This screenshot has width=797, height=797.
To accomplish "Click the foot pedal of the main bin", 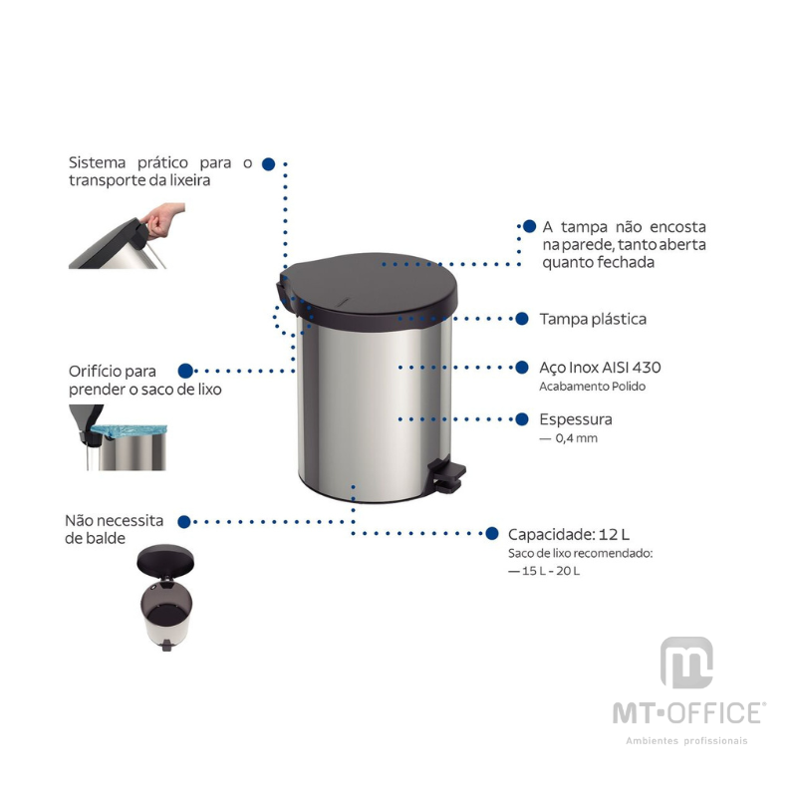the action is coord(447,475).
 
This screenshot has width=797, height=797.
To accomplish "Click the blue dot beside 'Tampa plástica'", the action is coord(521,319).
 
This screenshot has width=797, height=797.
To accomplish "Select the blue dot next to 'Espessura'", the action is coord(521,419).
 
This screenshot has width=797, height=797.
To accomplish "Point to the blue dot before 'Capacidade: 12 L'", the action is coord(491,533).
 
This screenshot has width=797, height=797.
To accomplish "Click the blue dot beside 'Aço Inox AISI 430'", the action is coord(521,367).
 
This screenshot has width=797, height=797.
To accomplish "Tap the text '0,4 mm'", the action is coord(577,438).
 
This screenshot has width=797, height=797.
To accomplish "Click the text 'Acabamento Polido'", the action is coord(592,387).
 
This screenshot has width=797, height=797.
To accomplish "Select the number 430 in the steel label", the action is coord(646,367).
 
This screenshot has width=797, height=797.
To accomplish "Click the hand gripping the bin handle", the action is coord(161,220).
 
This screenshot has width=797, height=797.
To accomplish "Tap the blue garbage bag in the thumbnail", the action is coord(130,431).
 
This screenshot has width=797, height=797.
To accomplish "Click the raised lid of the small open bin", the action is coord(165,560).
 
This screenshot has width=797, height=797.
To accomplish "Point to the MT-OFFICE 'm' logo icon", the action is coord(686,663).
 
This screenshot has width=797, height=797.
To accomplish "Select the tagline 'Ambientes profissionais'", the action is coord(686,740).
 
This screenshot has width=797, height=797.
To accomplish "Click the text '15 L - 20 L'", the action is coord(551,571).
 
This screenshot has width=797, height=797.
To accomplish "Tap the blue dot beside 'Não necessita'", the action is coord(184,521).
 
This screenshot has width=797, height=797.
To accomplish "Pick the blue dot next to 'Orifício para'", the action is coord(185,371).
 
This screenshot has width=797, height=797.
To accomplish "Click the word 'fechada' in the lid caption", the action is coord(626,262).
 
